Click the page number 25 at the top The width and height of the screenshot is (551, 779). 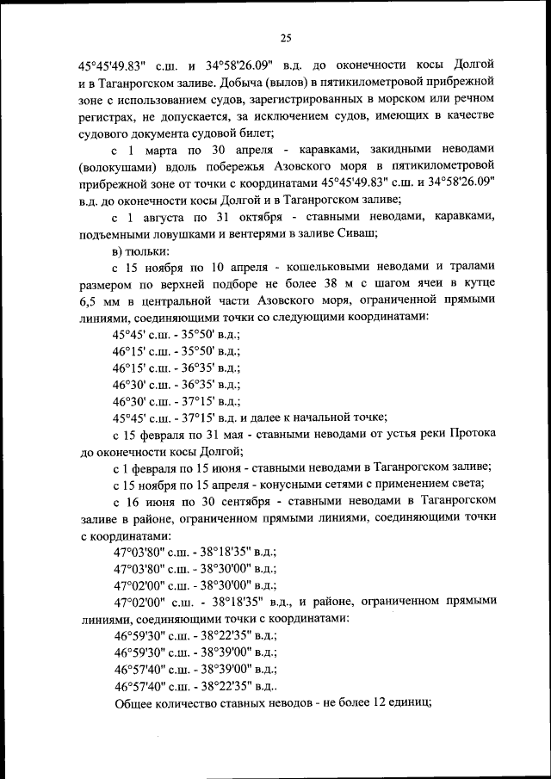coord(286,36)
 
